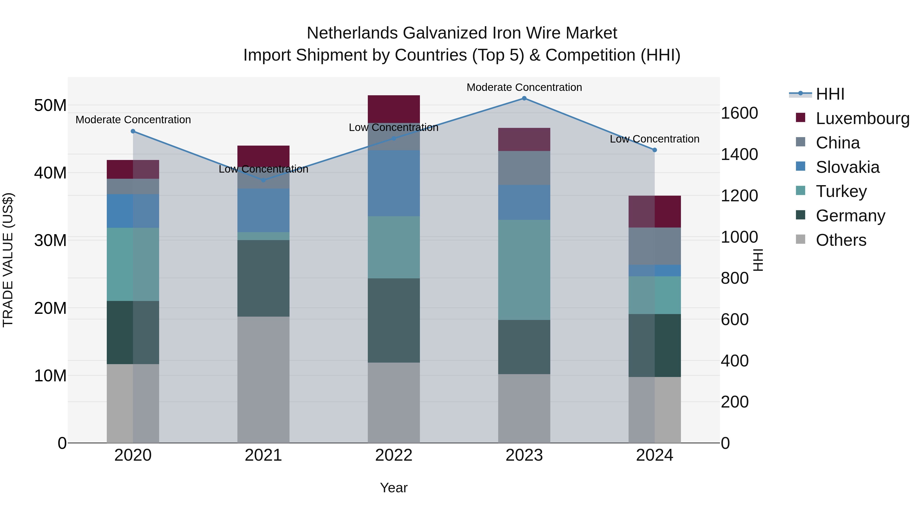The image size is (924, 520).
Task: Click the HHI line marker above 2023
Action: coord(524,98)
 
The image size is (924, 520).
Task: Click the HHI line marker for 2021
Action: coord(263,180)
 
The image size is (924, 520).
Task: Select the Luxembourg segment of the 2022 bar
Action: coord(393,109)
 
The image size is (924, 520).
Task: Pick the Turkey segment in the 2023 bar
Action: coord(524,270)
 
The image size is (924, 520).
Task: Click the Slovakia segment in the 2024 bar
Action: coord(654,271)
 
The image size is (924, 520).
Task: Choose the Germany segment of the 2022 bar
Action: coord(393,320)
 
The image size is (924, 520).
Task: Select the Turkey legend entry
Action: coord(841,191)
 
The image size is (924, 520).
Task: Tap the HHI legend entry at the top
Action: coord(830,94)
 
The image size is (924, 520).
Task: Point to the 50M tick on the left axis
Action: coord(50,106)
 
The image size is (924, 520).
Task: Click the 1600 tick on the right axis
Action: coord(739,113)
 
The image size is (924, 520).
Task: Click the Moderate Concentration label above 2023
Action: coord(524,87)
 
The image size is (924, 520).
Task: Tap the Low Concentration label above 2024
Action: coord(654,139)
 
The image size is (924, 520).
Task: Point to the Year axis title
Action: coord(393,488)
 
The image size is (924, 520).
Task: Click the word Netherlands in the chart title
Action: coord(352,33)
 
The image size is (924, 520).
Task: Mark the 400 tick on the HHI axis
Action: coord(735,361)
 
